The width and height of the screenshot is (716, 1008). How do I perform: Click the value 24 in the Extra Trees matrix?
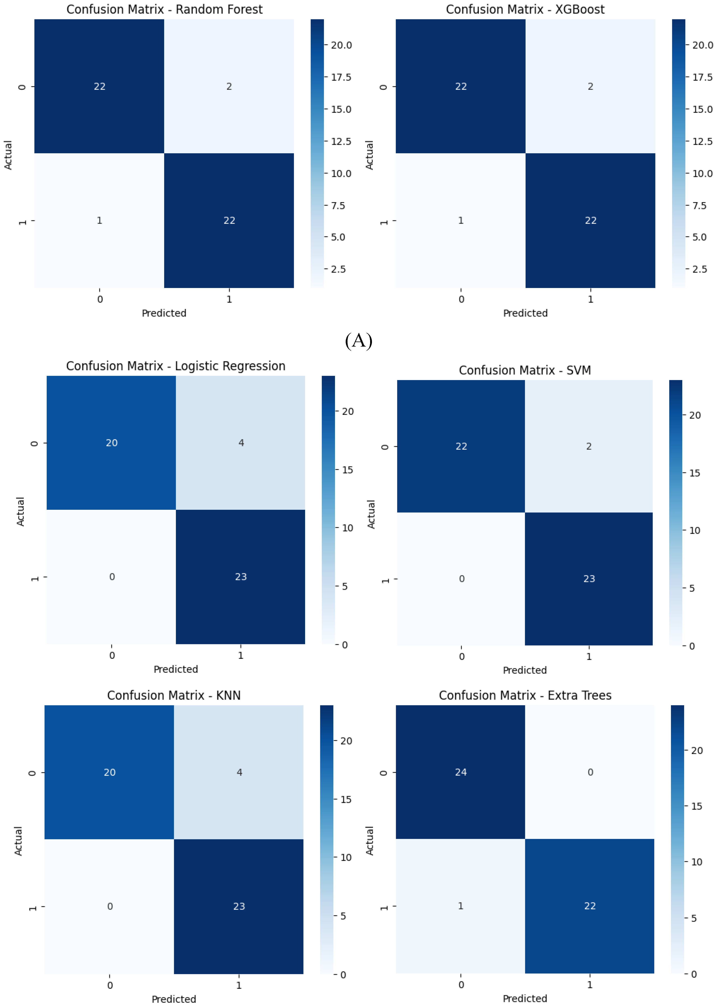click(x=461, y=772)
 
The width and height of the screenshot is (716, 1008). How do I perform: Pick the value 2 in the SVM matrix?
click(x=589, y=446)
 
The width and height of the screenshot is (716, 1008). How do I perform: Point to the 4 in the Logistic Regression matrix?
click(x=241, y=443)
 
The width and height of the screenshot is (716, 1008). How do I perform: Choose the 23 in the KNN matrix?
click(x=239, y=906)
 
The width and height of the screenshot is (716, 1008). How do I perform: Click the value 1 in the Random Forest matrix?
click(x=100, y=221)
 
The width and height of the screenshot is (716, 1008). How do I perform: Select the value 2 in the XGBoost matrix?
click(x=590, y=86)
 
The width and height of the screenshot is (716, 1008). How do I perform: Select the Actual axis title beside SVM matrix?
click(x=371, y=514)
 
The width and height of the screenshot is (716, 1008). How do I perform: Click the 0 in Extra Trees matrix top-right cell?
click(x=590, y=772)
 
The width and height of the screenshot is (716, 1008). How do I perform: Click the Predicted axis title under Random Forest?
click(x=164, y=313)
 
